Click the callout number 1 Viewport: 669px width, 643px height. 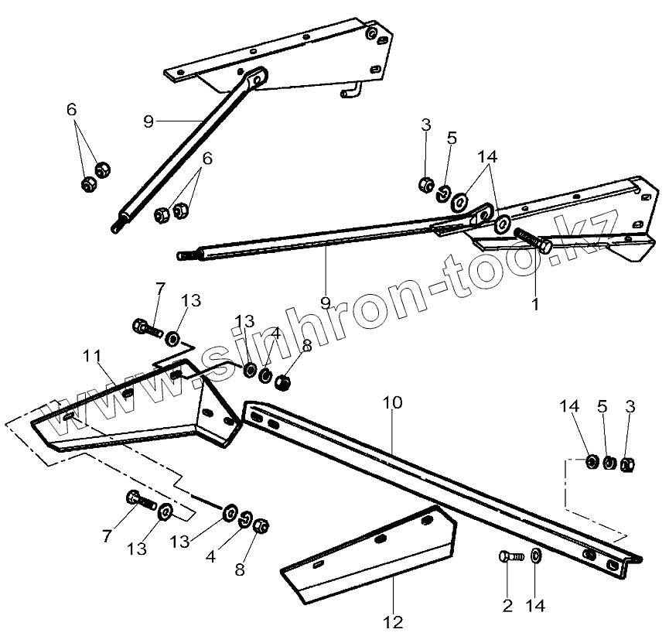click(534, 304)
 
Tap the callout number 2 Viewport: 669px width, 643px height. click(507, 605)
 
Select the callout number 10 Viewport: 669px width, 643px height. click(392, 403)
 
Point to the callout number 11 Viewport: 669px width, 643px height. click(92, 357)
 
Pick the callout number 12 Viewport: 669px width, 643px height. click(392, 621)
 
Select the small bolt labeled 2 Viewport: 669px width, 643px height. click(510, 556)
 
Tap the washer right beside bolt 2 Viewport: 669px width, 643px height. click(537, 556)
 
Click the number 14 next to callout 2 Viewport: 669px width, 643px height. click(536, 605)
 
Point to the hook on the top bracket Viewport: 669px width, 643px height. click(350, 92)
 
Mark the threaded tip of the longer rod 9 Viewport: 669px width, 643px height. click(184, 255)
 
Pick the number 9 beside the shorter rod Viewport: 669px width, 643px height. click(149, 121)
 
